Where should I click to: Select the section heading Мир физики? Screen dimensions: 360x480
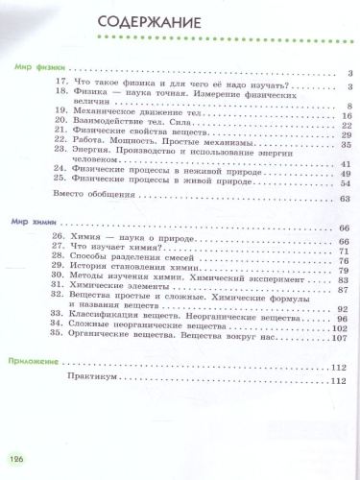[34, 69]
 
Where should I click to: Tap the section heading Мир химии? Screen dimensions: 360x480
[33, 223]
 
